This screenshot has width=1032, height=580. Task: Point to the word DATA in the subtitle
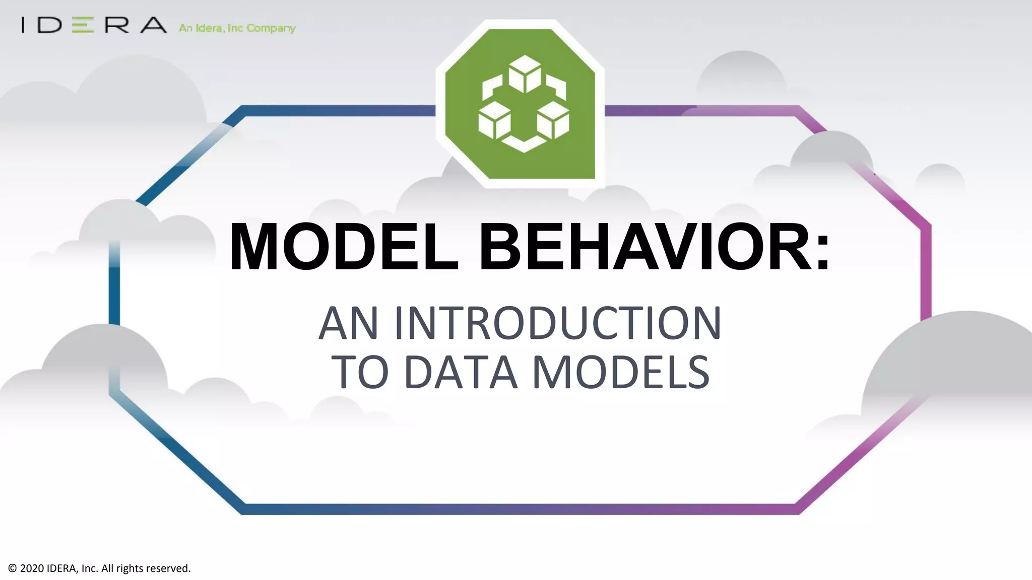point(461,373)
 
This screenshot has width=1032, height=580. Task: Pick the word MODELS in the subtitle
point(621,373)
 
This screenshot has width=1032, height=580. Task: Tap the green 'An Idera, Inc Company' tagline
point(237,28)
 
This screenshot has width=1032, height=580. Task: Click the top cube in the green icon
point(525,74)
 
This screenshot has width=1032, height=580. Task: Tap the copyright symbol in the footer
point(13,568)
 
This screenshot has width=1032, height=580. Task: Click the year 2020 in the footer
point(32,568)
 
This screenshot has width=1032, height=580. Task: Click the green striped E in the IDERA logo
point(83,25)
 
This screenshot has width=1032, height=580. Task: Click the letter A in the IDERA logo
point(153,25)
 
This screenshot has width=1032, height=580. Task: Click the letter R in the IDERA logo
point(117,25)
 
